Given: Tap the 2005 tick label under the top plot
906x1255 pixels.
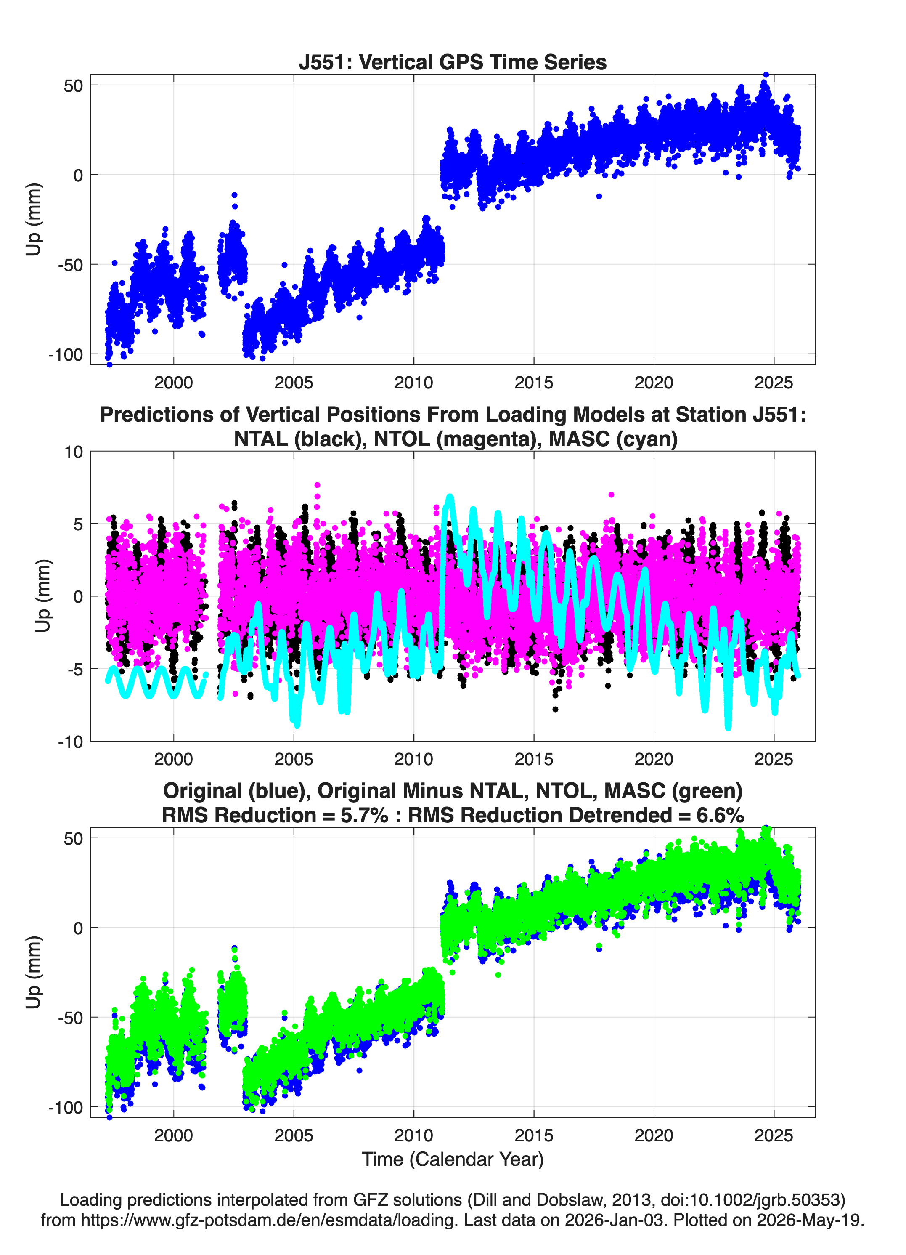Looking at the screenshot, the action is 294,383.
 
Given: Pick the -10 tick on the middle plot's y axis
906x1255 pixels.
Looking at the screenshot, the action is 70,742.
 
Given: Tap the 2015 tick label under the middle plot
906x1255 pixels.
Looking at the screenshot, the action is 534,759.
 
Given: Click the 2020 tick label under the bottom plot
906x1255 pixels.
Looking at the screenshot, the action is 654,1135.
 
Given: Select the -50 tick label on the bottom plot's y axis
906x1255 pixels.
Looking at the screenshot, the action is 70,1017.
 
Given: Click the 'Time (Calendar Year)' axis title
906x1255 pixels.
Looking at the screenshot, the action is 453,1159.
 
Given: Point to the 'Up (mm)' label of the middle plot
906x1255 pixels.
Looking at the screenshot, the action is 43,596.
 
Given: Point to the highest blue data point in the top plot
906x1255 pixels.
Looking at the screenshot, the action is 766,75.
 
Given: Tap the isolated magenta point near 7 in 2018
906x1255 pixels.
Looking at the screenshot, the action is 611,495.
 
